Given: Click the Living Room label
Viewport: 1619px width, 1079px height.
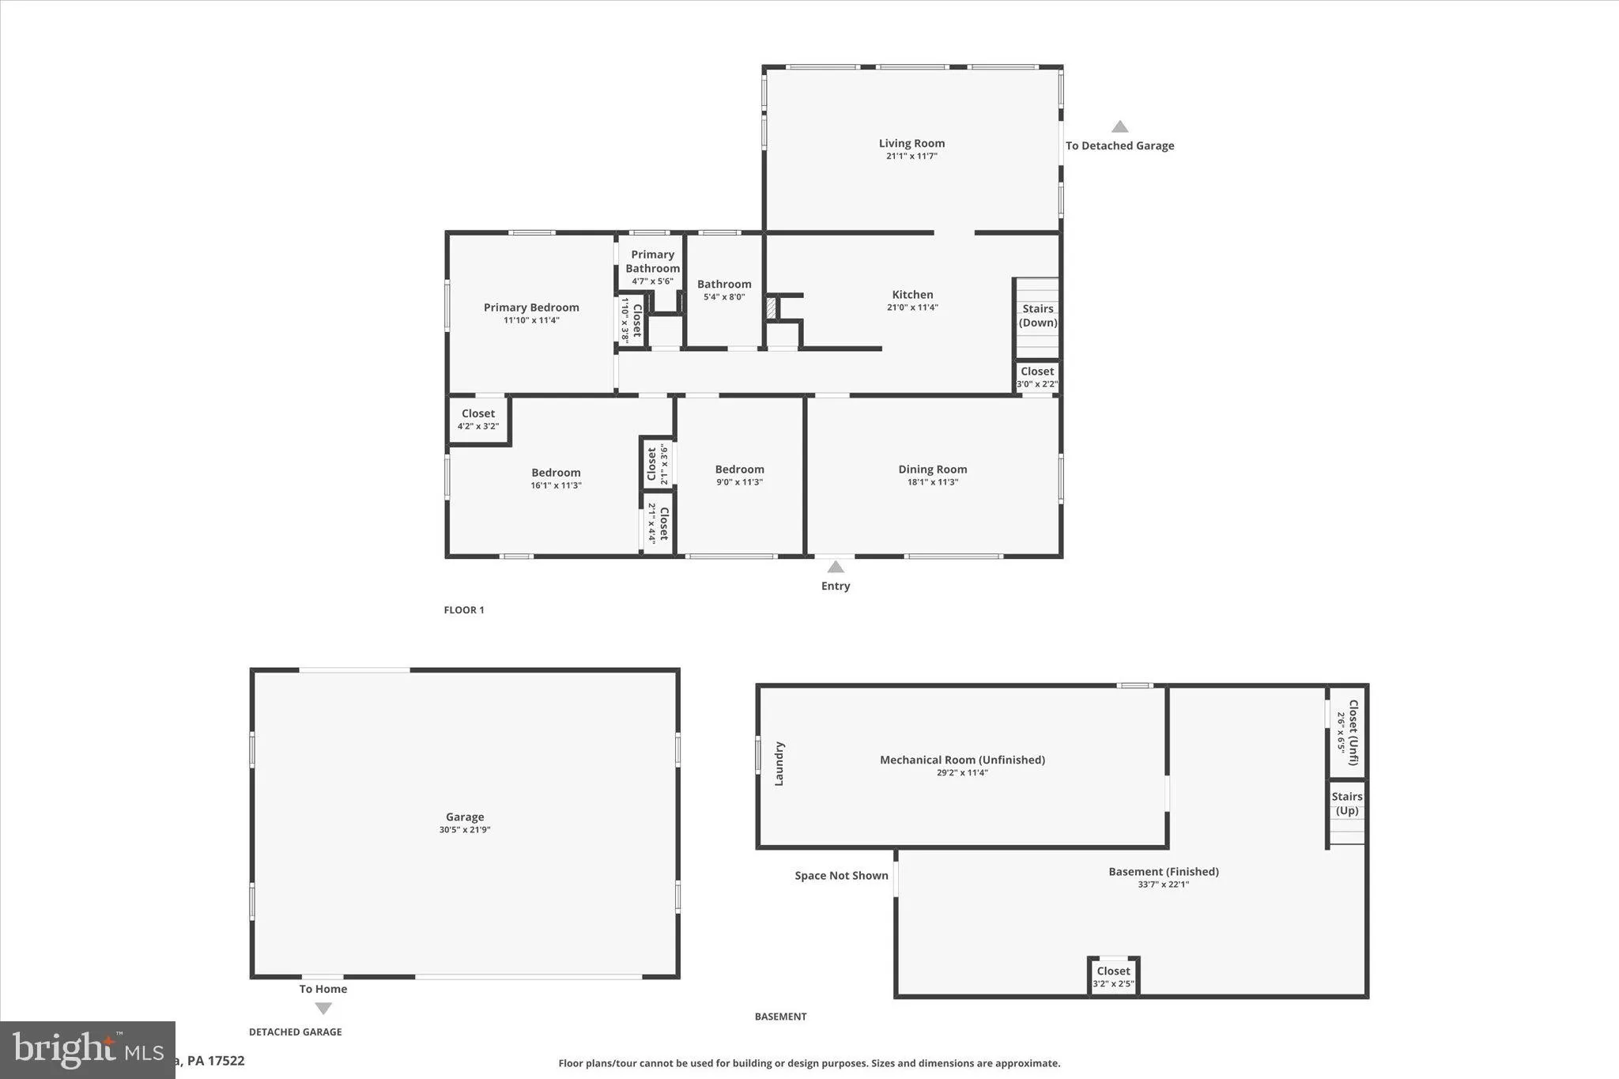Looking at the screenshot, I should pyautogui.click(x=911, y=143).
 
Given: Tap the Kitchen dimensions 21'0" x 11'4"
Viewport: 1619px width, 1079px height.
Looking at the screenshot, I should pyautogui.click(x=912, y=307).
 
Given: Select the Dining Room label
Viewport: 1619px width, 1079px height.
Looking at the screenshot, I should pyautogui.click(x=932, y=469).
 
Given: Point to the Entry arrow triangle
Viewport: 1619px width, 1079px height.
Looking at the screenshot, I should pyautogui.click(x=836, y=567).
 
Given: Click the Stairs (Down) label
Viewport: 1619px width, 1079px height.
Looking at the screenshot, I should pyautogui.click(x=1037, y=315).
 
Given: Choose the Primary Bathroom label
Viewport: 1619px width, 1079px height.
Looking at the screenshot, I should pyautogui.click(x=652, y=261).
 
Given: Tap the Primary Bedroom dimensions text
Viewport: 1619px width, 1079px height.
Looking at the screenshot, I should pyautogui.click(x=531, y=320).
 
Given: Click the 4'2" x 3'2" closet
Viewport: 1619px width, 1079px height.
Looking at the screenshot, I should pyautogui.click(x=478, y=419).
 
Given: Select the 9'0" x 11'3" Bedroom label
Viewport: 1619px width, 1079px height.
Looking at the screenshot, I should pyautogui.click(x=739, y=469).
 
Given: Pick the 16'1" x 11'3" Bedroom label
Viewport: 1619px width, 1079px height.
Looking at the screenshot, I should pyautogui.click(x=556, y=473).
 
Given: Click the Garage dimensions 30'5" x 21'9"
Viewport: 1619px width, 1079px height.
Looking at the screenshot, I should pyautogui.click(x=465, y=830).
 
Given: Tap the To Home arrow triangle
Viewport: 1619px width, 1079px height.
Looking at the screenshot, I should pyautogui.click(x=323, y=1009).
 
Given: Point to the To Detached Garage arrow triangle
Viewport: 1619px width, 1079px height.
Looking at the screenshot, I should pyautogui.click(x=1119, y=126).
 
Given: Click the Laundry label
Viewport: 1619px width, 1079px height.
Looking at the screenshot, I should pyautogui.click(x=779, y=764).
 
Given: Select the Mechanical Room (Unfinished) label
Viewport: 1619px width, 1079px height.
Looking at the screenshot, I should pyautogui.click(x=962, y=760).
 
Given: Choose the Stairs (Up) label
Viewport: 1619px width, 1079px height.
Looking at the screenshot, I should pyautogui.click(x=1346, y=803).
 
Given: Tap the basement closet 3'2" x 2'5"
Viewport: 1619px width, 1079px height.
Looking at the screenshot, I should pyautogui.click(x=1113, y=976).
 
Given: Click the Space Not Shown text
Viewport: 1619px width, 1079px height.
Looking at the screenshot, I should pyautogui.click(x=841, y=876).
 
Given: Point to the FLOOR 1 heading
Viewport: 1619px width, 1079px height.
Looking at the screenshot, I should pyautogui.click(x=464, y=609).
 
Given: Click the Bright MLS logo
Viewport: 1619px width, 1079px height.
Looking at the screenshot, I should pyautogui.click(x=87, y=1049).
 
